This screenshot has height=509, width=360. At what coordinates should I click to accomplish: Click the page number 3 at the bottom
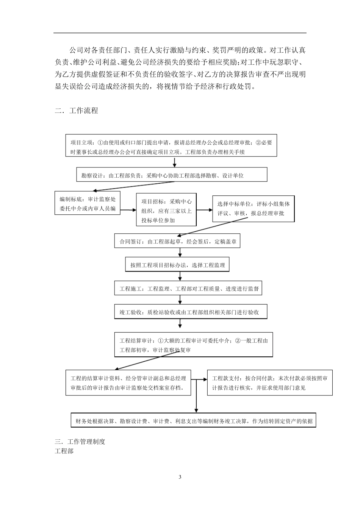180,477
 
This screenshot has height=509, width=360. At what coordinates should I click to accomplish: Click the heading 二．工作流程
77,111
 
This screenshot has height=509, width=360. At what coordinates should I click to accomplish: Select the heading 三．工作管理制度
80,442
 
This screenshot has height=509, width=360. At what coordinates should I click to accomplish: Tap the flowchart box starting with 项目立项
171,145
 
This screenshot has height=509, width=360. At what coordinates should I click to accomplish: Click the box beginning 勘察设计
172,175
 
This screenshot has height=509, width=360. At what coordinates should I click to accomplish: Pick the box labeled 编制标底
88,203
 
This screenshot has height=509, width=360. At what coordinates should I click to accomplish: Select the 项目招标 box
166,210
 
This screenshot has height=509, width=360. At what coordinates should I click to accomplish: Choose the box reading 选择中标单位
253,209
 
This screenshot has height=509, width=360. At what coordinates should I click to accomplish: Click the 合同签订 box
177,241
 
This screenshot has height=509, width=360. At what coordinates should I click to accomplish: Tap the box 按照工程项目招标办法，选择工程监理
177,265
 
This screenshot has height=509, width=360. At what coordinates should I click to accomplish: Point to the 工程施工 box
188,289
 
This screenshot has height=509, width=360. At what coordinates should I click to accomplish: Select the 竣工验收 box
191,312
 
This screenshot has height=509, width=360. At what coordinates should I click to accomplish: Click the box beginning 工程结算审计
193,345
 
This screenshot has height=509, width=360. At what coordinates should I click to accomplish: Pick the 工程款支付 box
269,383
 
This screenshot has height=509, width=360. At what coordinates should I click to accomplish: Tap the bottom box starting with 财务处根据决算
193,421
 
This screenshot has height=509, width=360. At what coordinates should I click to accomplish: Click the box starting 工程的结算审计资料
128,383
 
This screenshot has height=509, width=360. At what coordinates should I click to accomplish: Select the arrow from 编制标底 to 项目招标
128,210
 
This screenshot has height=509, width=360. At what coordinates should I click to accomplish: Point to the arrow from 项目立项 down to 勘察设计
175,162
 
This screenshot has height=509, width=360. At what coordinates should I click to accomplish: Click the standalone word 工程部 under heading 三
64,451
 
